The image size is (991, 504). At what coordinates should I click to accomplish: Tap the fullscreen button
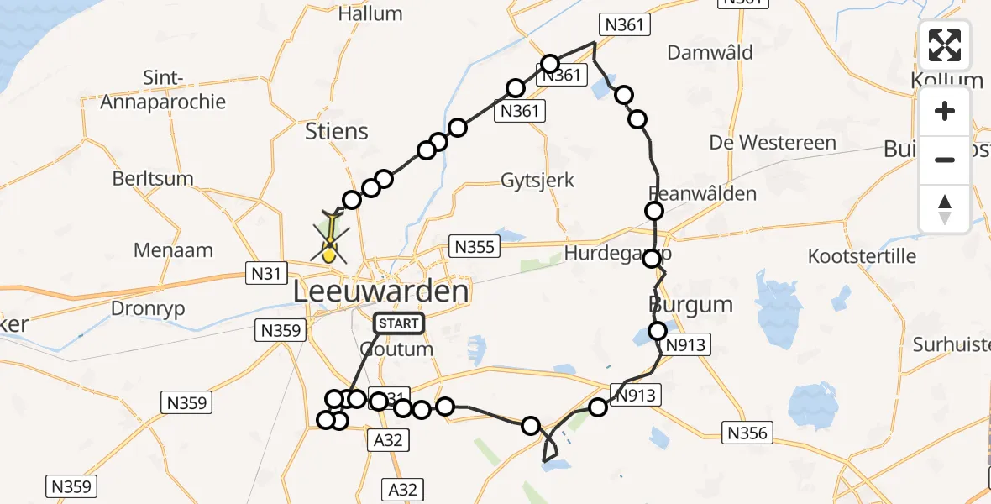click(945, 45)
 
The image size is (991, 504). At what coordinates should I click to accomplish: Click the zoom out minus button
click(945, 160)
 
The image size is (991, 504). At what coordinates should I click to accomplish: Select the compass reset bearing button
click(945, 209)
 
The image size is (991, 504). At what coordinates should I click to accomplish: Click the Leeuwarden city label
click(380, 291)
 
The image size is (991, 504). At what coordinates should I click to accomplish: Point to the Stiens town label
click(337, 131)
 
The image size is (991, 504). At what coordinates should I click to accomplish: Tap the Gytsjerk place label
click(537, 180)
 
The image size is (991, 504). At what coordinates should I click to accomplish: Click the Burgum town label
click(691, 304)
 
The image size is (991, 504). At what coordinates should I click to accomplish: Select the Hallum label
click(370, 14)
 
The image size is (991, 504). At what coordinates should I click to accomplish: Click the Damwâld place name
click(710, 53)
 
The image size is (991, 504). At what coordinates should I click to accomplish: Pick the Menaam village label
click(173, 249)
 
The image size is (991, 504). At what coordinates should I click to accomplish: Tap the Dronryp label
click(148, 308)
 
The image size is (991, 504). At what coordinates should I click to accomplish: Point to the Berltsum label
click(153, 178)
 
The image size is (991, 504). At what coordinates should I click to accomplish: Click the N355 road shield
click(475, 246)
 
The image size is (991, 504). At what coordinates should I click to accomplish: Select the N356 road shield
click(746, 433)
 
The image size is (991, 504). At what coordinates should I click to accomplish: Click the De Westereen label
click(773, 143)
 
